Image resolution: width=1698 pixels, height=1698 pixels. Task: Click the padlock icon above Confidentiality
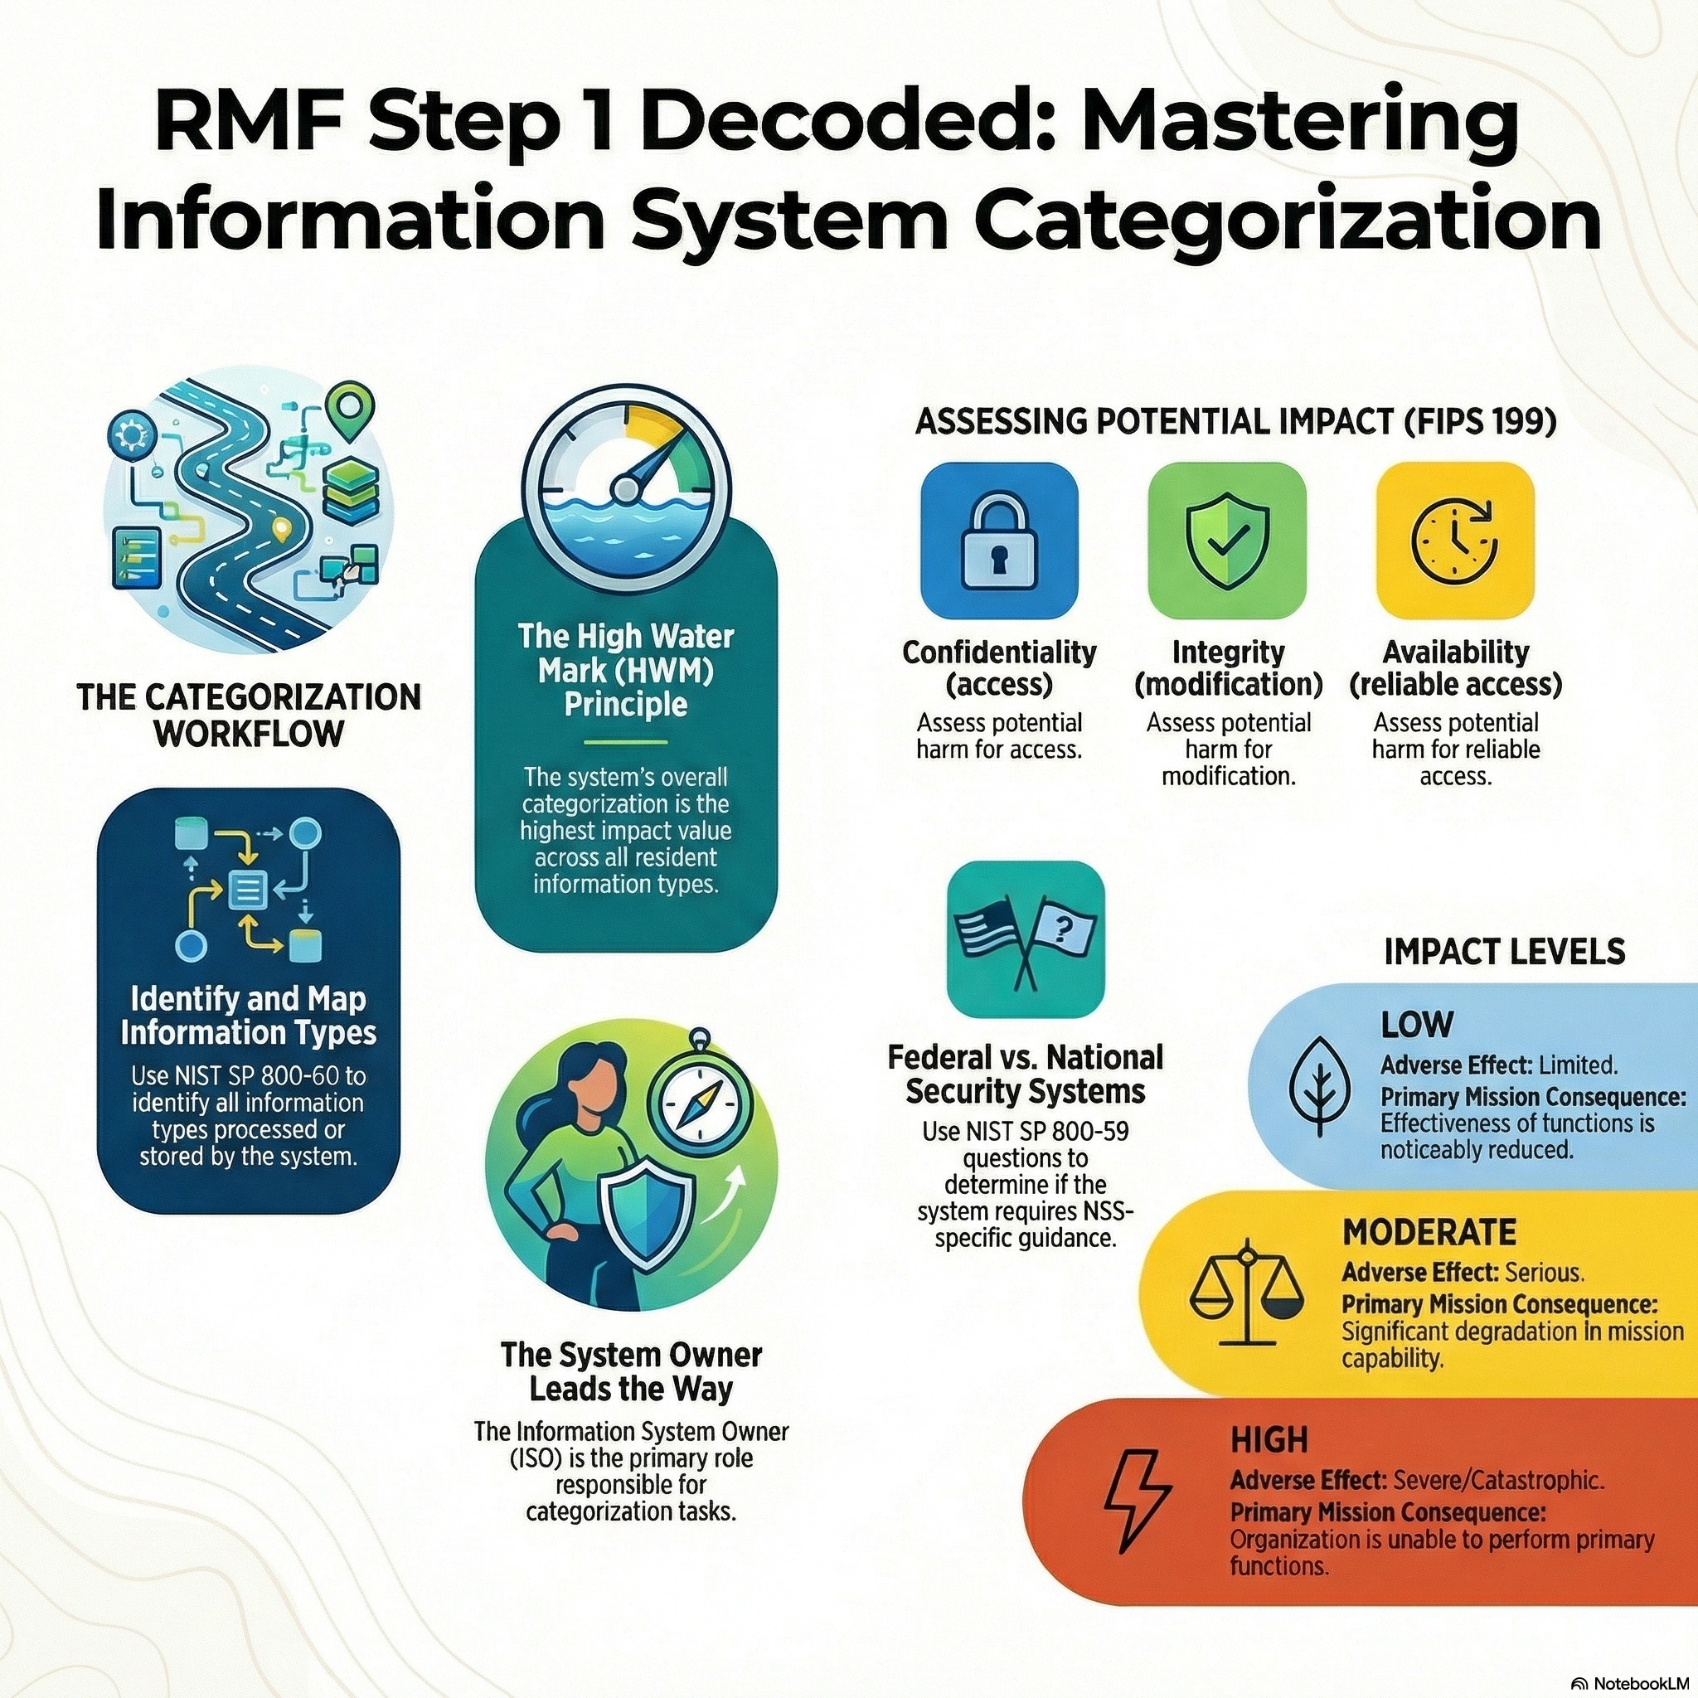pyautogui.click(x=999, y=542)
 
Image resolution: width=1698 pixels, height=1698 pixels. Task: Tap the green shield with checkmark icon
pyautogui.click(x=1227, y=541)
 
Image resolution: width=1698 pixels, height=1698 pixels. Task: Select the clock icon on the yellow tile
pyautogui.click(x=1454, y=541)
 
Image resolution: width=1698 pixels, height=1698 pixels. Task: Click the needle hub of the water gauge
pyautogui.click(x=627, y=487)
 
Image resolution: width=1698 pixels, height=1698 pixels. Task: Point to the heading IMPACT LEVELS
pyautogui.click(x=1504, y=952)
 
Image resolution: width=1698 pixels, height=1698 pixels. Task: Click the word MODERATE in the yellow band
pyautogui.click(x=1429, y=1232)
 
